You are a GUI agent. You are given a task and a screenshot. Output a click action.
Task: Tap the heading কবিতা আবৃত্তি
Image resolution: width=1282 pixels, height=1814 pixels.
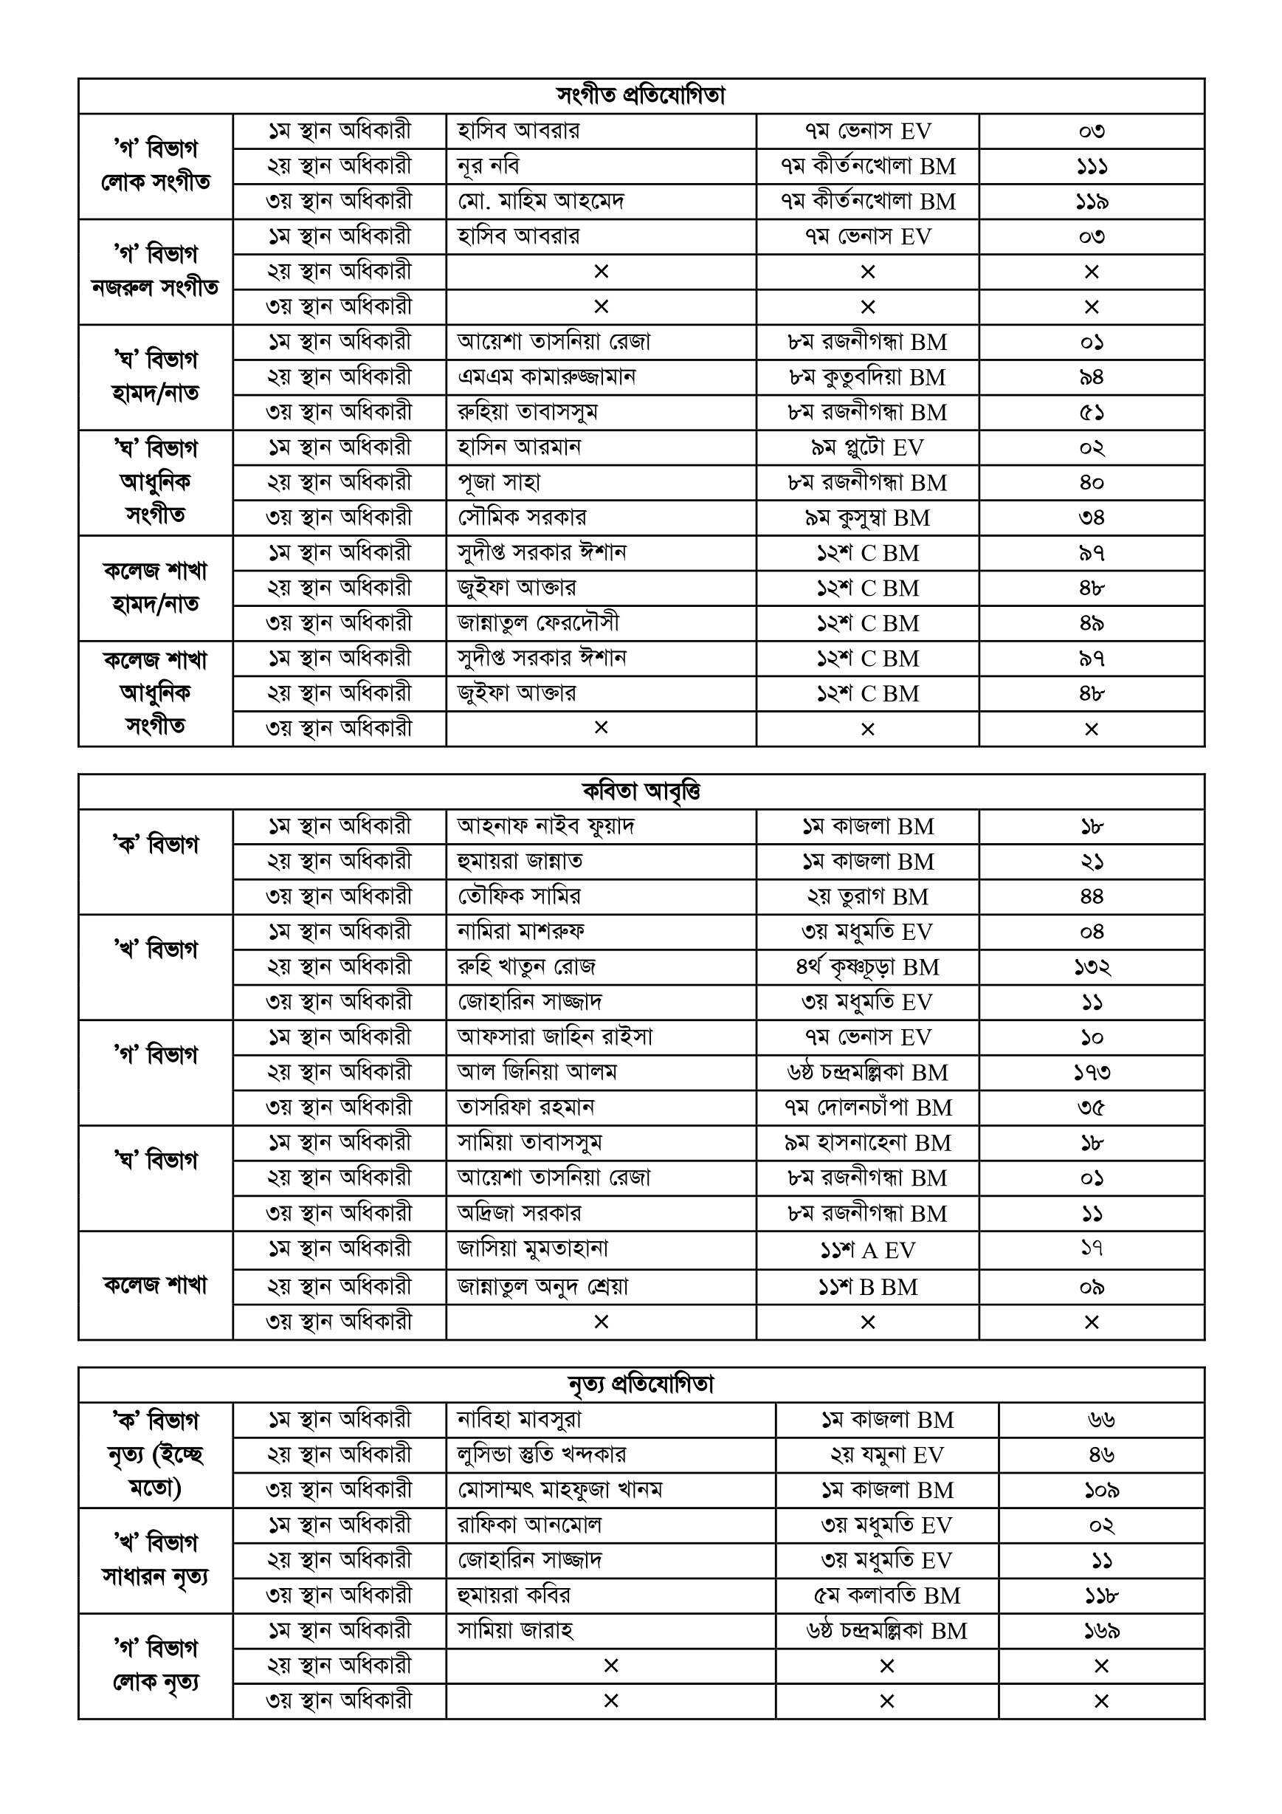point(641,791)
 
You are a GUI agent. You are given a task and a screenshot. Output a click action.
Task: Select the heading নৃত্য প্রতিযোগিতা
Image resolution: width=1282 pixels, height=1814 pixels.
point(641,1385)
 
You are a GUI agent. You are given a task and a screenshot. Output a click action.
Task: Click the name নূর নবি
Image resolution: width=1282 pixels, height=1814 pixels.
point(488,167)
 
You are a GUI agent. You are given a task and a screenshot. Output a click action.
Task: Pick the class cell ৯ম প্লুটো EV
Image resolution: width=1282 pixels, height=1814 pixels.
point(866,448)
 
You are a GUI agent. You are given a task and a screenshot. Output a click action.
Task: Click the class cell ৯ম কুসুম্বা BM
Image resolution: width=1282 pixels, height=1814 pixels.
point(866,518)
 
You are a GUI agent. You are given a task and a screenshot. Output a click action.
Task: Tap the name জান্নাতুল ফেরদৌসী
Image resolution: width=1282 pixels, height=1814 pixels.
point(538,623)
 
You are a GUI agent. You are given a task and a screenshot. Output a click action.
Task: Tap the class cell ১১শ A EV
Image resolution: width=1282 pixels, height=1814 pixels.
point(866,1251)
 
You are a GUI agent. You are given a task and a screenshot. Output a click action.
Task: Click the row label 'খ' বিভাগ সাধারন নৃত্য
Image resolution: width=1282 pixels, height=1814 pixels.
point(155,1560)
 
